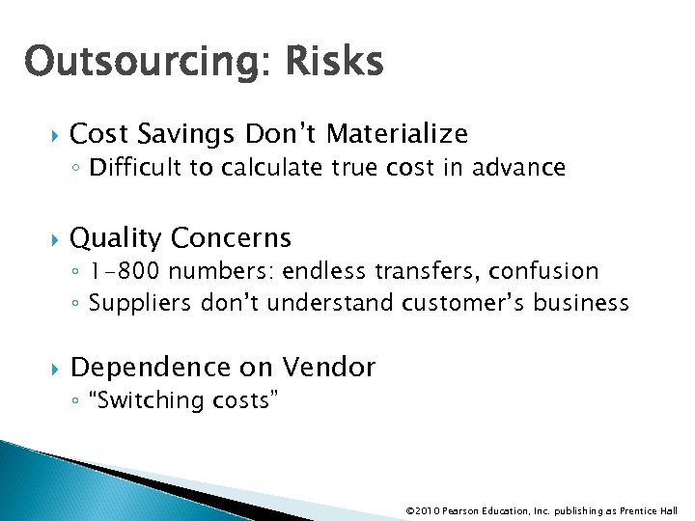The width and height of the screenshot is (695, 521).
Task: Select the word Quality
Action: (x=116, y=237)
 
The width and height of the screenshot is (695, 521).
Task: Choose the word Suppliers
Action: (x=139, y=303)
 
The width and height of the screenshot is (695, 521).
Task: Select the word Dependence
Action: (x=154, y=368)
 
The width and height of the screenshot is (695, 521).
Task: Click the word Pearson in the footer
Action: (x=465, y=510)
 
